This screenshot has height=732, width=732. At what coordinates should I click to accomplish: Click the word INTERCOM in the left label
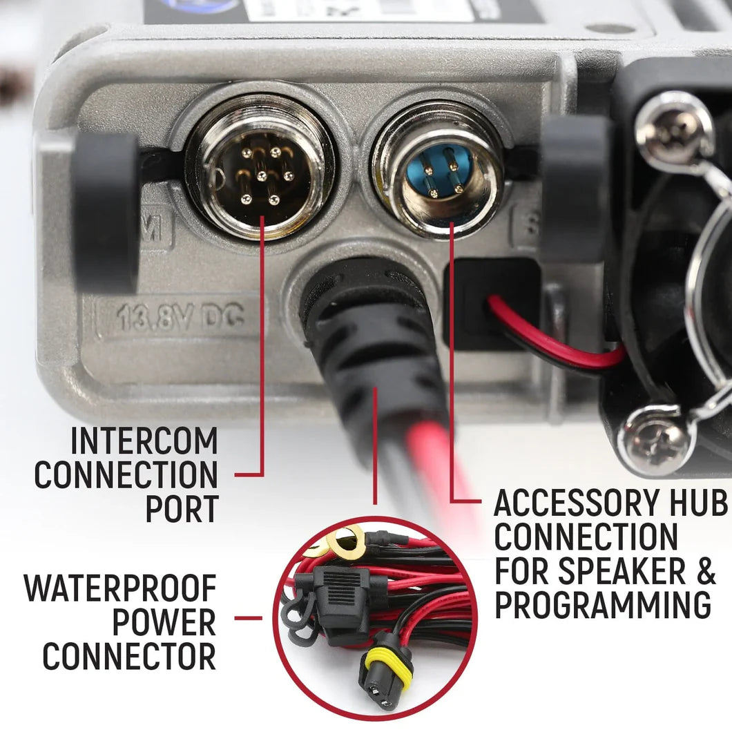pyautogui.click(x=144, y=441)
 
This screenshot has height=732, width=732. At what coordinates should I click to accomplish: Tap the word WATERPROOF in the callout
pyautogui.click(x=120, y=588)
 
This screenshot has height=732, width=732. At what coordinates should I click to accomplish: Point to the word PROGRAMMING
pyautogui.click(x=603, y=605)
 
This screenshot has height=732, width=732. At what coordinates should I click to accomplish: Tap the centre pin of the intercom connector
pyautogui.click(x=261, y=175)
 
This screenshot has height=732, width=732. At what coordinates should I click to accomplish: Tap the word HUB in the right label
pyautogui.click(x=699, y=503)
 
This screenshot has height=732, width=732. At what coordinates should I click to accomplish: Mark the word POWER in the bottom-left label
pyautogui.click(x=164, y=622)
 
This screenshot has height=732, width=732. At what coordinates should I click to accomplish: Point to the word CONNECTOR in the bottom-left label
pyautogui.click(x=129, y=655)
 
